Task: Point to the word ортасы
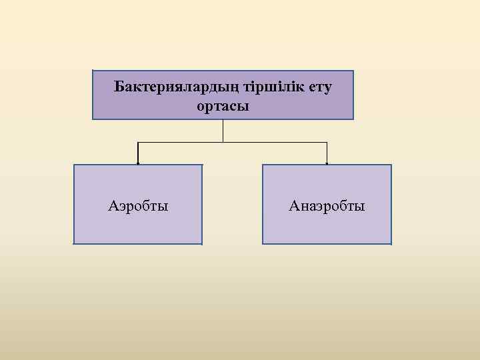pos(223,106)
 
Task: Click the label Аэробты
pos(138,206)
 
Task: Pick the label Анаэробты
pos(327,206)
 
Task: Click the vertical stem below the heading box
pos(223,131)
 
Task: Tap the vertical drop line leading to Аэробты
pos(138,153)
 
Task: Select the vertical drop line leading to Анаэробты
pos(327,153)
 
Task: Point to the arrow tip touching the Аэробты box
pos(138,163)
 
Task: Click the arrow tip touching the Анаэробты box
pos(327,163)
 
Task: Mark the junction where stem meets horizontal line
pos(223,143)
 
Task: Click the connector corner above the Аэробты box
pos(138,143)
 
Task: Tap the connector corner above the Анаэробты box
pos(327,143)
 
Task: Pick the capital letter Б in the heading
pos(118,87)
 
